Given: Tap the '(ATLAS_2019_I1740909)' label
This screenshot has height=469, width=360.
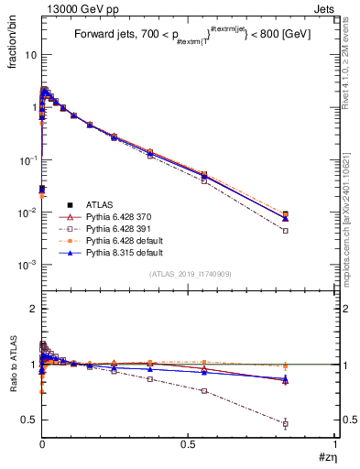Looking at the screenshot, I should click(x=189, y=274).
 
